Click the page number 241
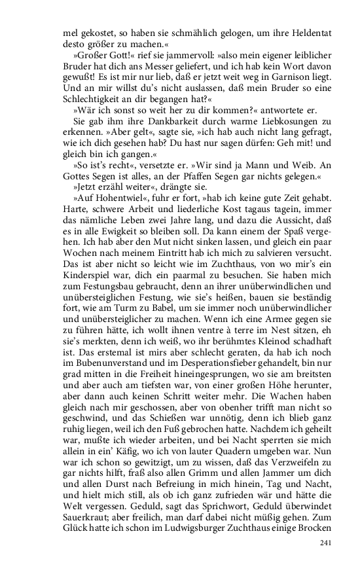coord(326,542)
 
